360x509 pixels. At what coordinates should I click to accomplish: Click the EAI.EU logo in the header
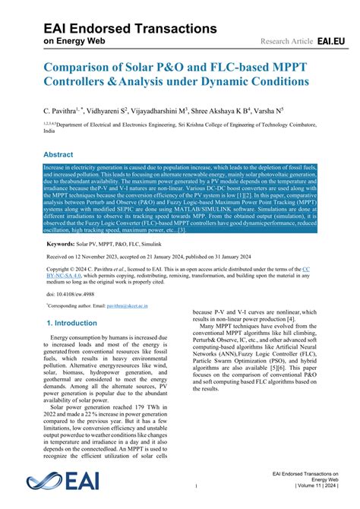pyautogui.click(x=332, y=39)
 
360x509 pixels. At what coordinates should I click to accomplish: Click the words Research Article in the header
pyautogui.click(x=286, y=40)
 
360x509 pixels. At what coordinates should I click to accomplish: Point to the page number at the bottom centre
pyautogui.click(x=196, y=486)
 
